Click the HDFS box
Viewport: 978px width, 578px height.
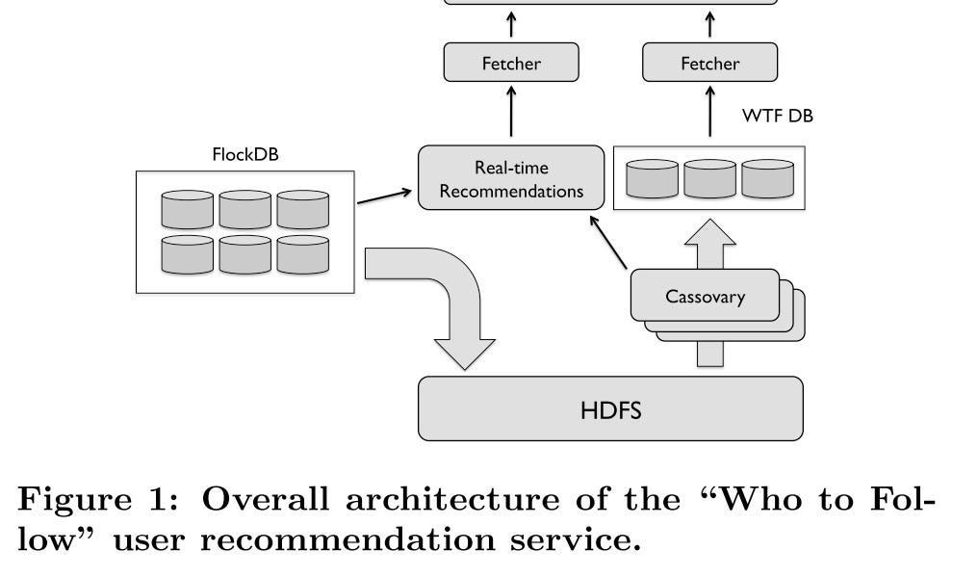coord(609,408)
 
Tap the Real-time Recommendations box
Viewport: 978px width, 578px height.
coord(510,178)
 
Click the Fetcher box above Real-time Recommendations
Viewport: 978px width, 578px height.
coord(510,64)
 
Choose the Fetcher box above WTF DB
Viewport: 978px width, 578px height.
coord(709,64)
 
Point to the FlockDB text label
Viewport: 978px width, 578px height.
coord(244,154)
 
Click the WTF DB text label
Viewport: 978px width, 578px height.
coord(778,117)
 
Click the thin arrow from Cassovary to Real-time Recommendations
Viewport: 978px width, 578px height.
coord(610,241)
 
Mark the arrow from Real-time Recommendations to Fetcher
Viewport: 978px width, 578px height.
coord(510,113)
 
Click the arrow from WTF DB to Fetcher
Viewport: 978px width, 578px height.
coord(709,113)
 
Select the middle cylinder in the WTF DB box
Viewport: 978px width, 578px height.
coord(709,178)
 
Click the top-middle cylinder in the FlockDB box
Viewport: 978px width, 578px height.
coord(244,209)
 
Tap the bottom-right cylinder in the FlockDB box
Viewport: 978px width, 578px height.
coord(302,254)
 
